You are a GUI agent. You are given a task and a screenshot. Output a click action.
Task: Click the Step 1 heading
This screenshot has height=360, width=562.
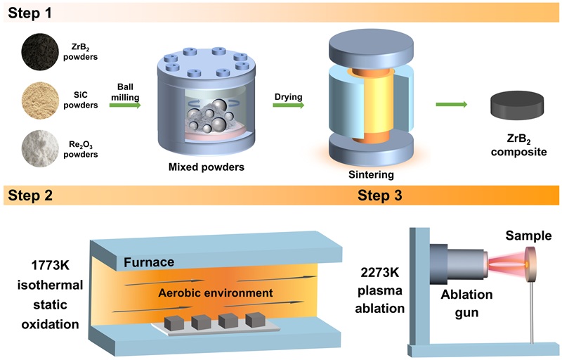click(x=30, y=12)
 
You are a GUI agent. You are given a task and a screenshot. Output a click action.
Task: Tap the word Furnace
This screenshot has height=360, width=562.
click(x=149, y=263)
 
